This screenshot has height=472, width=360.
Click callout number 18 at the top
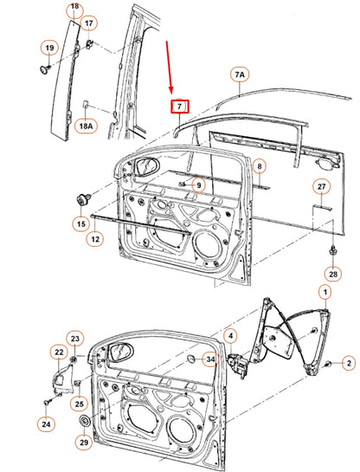[x=74, y=7]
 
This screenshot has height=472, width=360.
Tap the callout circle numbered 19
[x=50, y=47]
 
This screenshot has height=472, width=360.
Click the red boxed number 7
[x=178, y=107]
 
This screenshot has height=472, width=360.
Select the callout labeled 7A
[x=239, y=76]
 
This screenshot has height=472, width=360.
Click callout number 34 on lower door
[x=209, y=359]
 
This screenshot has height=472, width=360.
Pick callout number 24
[x=45, y=424]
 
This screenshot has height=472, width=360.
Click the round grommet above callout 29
[x=85, y=422]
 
